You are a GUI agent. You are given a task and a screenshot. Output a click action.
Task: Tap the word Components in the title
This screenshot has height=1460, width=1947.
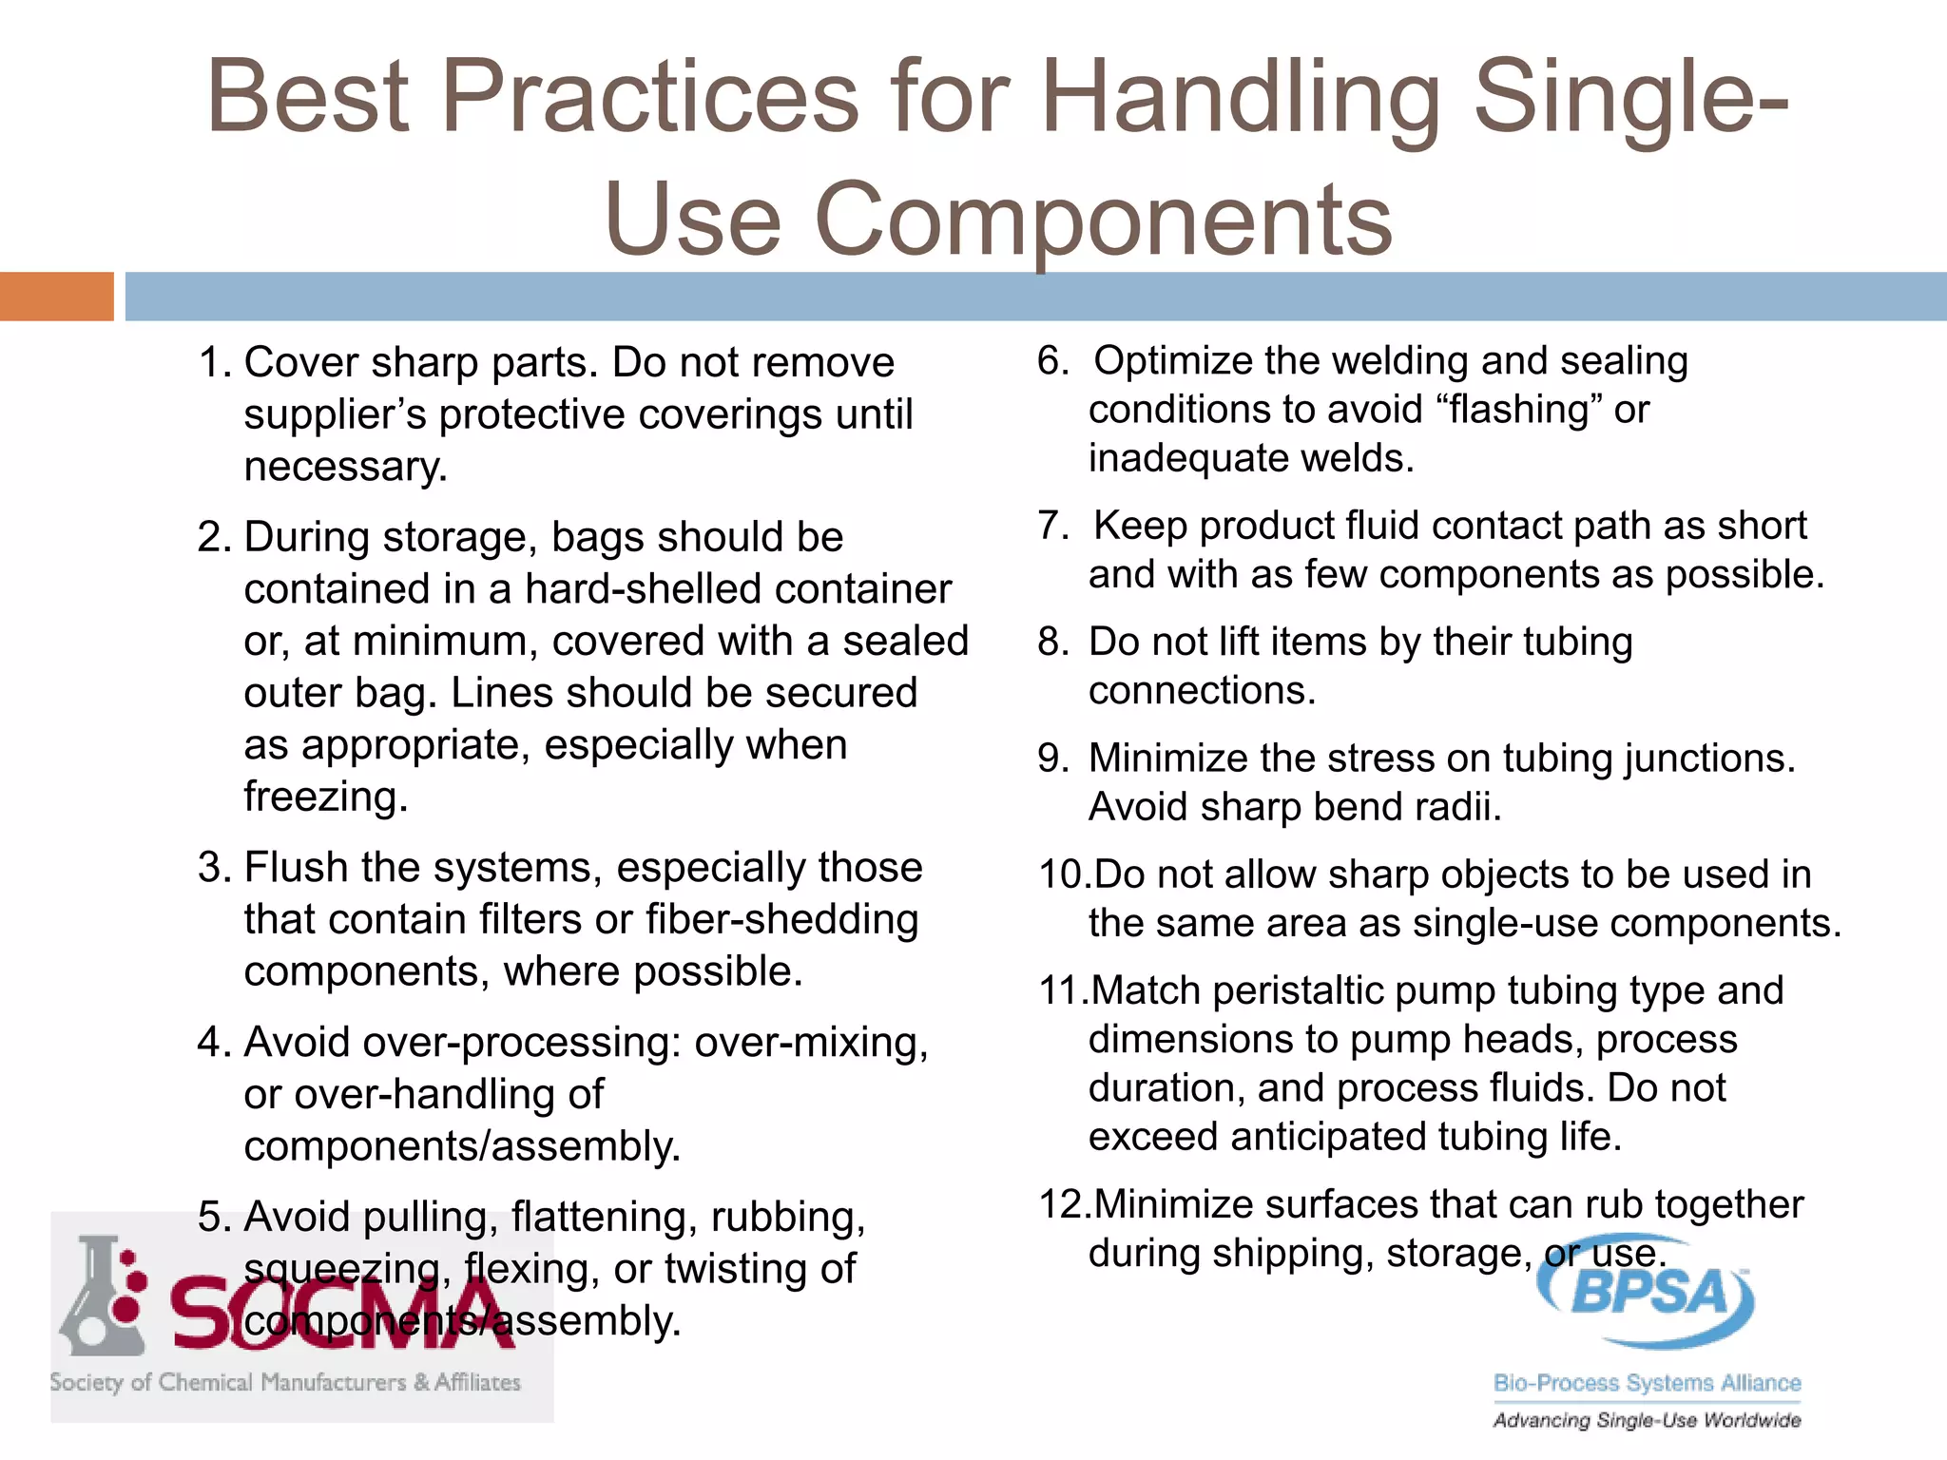[1103, 221]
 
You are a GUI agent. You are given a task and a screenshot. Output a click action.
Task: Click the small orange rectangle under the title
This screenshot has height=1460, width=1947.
[56, 297]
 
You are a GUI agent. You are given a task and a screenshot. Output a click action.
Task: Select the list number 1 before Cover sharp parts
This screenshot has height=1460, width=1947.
[210, 363]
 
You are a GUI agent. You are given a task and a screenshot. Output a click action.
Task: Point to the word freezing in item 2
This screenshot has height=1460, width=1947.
[325, 797]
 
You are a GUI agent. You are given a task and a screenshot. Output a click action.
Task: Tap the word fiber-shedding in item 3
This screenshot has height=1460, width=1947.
[781, 919]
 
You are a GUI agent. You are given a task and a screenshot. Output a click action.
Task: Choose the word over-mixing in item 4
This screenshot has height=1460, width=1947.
[810, 1043]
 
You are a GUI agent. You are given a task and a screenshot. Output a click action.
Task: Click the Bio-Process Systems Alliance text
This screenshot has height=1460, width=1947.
[1647, 1383]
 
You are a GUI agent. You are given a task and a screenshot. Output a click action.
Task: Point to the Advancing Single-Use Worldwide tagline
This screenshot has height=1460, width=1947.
[1647, 1420]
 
